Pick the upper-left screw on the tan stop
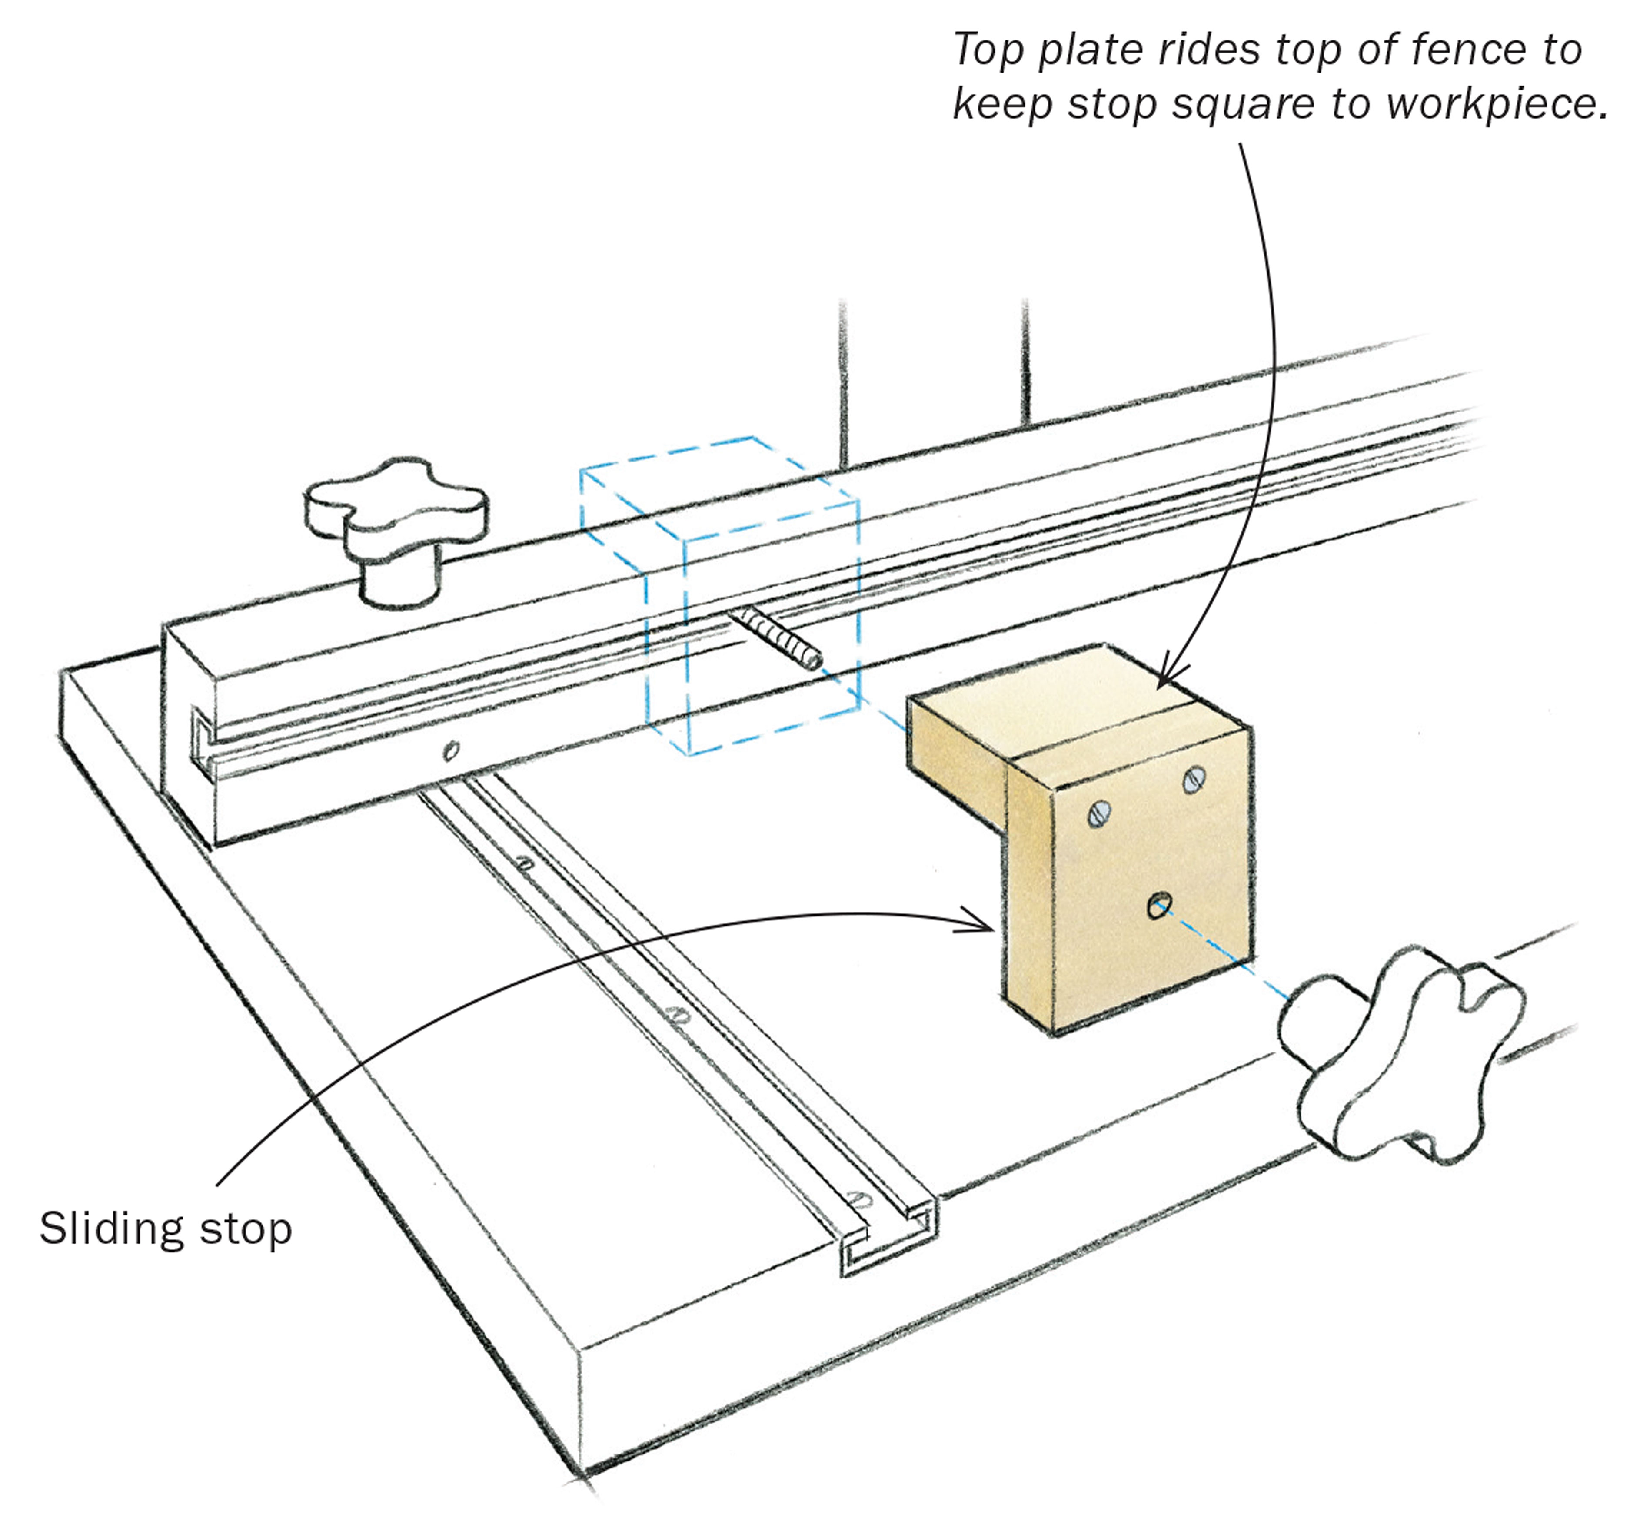(x=1101, y=813)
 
